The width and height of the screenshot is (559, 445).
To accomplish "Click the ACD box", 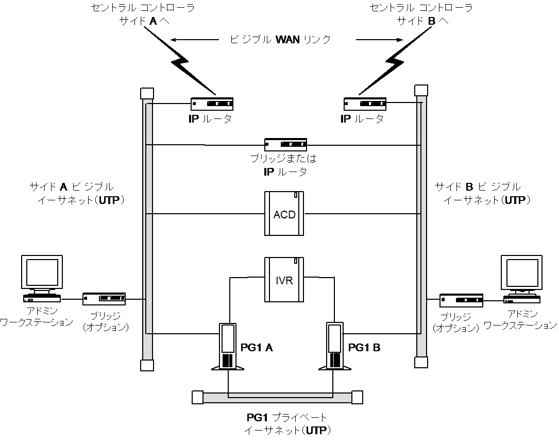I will pyautogui.click(x=284, y=213).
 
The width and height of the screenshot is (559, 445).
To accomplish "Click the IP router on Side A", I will pyautogui.click(x=212, y=104).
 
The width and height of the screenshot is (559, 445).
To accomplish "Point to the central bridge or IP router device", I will pyautogui.click(x=285, y=145).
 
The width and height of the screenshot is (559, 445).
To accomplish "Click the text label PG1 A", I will pyautogui.click(x=256, y=348).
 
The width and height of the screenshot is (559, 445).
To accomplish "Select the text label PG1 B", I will pyautogui.click(x=364, y=348).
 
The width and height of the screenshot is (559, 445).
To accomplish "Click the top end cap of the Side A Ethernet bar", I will pyautogui.click(x=147, y=93).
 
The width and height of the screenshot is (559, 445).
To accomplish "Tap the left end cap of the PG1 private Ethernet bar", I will pyautogui.click(x=197, y=397).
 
